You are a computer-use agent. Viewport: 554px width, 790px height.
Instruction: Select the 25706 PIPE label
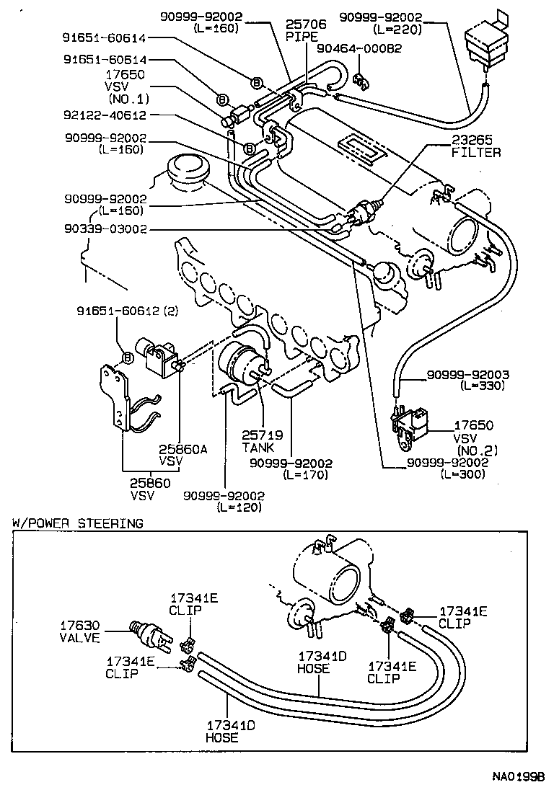point(306,30)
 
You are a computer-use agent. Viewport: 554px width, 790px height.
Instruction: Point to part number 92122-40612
point(105,115)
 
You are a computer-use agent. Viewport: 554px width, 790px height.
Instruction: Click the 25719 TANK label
point(263,442)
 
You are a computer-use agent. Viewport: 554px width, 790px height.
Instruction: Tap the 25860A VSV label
point(183,454)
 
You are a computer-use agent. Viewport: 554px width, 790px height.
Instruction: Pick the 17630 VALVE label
point(80,631)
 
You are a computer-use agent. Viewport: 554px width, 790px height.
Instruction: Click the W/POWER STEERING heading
point(77,523)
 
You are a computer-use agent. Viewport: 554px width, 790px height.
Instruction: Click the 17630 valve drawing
point(149,632)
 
